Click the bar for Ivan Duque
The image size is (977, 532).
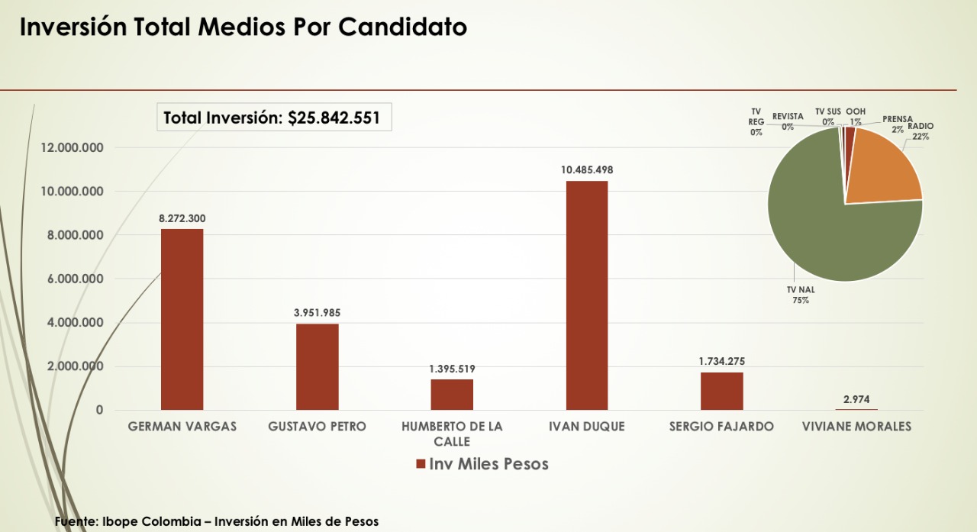click(x=587, y=295)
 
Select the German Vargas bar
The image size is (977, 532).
click(x=182, y=319)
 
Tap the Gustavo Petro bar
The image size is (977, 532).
click(x=317, y=366)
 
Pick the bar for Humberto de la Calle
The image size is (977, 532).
click(x=452, y=395)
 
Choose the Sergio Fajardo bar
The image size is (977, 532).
click(x=721, y=391)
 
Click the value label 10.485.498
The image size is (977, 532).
click(x=587, y=170)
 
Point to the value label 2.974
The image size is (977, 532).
click(x=856, y=399)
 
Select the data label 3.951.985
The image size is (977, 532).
click(x=317, y=312)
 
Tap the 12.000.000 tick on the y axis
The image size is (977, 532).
click(x=72, y=147)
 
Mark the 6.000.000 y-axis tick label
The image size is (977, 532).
click(x=72, y=279)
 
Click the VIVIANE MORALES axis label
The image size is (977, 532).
click(x=856, y=427)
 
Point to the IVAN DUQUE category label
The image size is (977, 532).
click(x=587, y=427)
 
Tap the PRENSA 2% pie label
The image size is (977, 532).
click(x=898, y=124)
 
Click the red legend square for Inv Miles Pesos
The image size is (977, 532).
click(x=420, y=464)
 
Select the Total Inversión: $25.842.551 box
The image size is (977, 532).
click(x=274, y=118)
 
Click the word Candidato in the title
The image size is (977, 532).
click(x=402, y=27)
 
